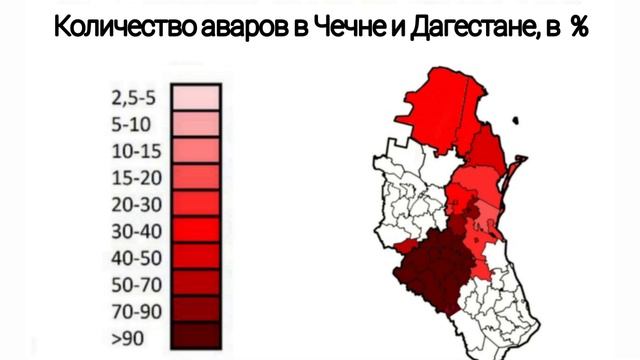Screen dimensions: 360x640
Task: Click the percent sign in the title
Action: click(578, 28)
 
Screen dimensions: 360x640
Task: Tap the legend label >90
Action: click(127, 333)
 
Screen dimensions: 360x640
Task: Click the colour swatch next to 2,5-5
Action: click(196, 99)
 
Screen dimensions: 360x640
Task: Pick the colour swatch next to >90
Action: click(196, 333)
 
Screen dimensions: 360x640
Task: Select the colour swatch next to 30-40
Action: click(196, 229)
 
